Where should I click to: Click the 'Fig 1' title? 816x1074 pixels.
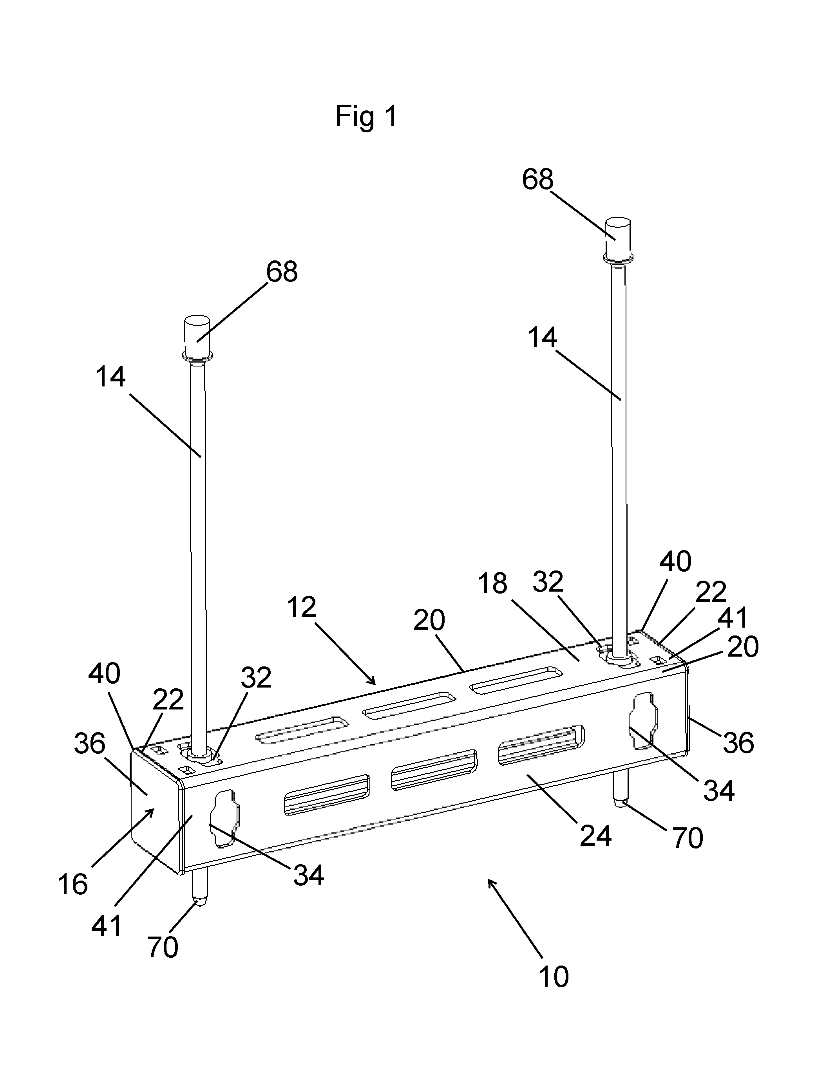[x=367, y=117]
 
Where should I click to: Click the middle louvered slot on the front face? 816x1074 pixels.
[x=434, y=771]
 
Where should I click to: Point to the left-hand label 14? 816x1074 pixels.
[x=111, y=377]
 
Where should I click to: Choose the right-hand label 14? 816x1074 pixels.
[x=542, y=338]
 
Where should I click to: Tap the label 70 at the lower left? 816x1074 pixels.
[x=163, y=946]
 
